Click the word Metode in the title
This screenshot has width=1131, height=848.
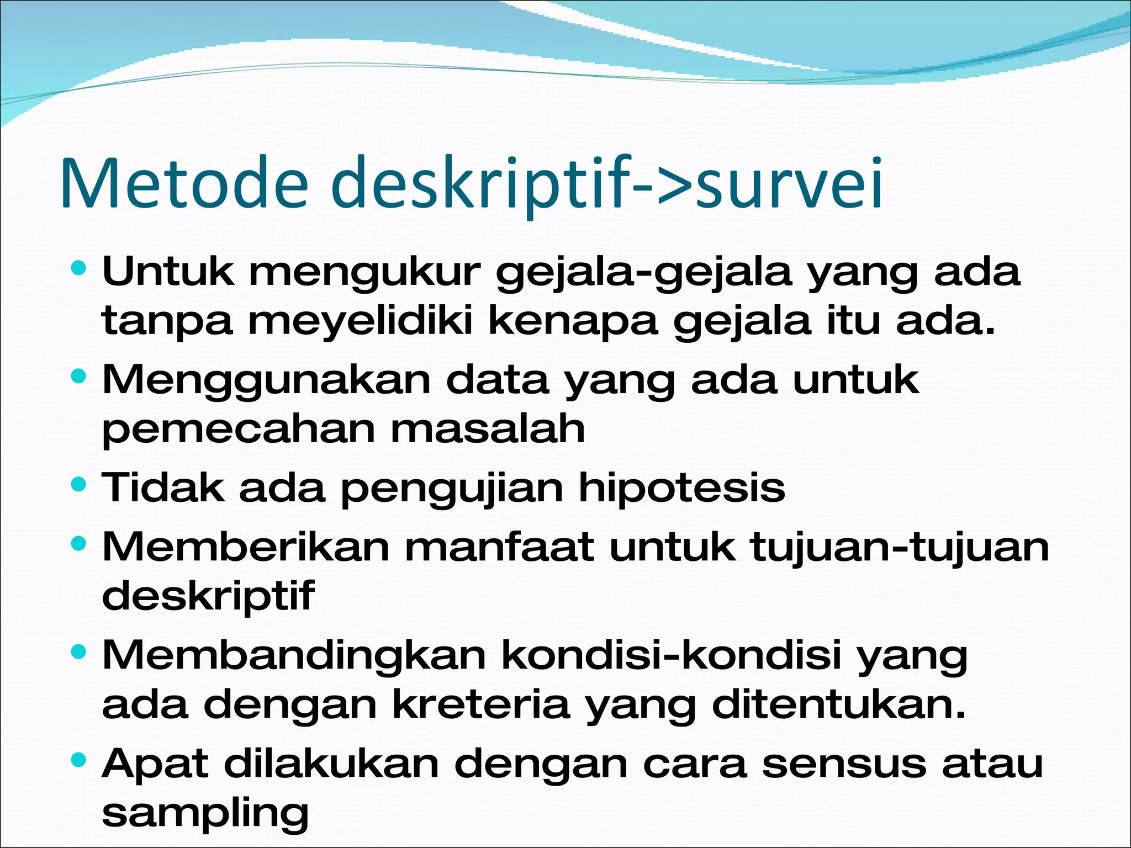click(x=184, y=183)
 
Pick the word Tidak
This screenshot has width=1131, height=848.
click(x=163, y=487)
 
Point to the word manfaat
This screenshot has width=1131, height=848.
click(x=499, y=547)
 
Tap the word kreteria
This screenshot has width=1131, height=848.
click(x=480, y=704)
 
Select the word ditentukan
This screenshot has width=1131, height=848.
click(x=839, y=704)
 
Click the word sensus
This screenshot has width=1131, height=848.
click(x=844, y=764)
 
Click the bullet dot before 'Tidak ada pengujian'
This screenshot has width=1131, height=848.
click(x=80, y=485)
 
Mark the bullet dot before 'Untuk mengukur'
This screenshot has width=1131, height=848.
click(x=80, y=269)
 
